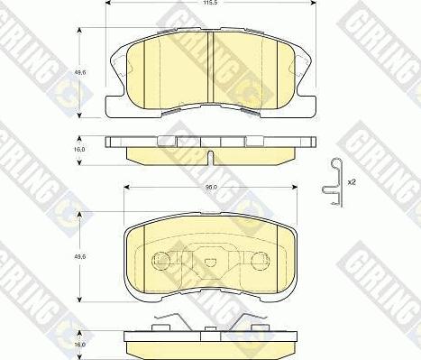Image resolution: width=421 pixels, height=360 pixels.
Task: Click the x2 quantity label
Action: [353, 182]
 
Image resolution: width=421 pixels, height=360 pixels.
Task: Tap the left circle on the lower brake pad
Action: [162, 263]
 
